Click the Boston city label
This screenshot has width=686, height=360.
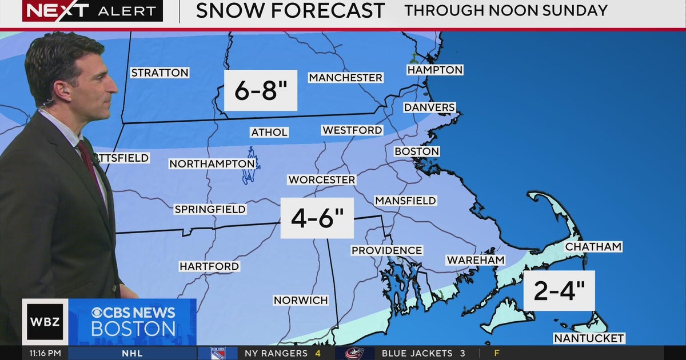417,151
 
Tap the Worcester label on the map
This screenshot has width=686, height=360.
321,179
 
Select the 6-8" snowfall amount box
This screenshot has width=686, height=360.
260,90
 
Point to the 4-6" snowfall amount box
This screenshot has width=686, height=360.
317,218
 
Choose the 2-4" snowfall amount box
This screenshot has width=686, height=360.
559,291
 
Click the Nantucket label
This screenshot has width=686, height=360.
589,338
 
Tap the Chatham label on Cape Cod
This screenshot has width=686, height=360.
593,247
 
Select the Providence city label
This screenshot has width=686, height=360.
386,250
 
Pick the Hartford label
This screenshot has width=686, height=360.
209,266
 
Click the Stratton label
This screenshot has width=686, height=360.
159,73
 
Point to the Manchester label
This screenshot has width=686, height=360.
345,77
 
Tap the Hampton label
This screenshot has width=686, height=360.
434,70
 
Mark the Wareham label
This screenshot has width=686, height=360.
476,260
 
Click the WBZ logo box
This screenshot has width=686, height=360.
45,322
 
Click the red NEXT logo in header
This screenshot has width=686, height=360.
56,11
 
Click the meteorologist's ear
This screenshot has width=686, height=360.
58,90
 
